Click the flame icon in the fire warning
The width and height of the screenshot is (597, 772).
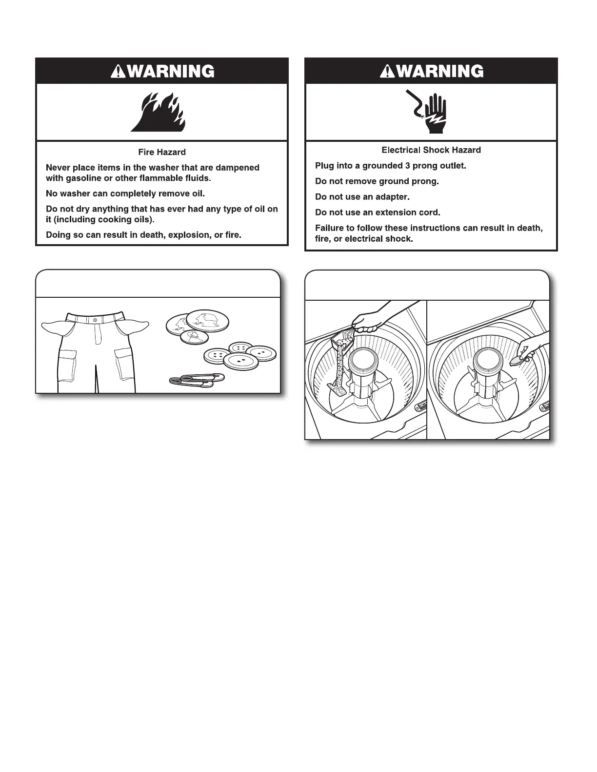coord(158,114)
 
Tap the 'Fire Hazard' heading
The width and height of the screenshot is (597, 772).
coord(162,152)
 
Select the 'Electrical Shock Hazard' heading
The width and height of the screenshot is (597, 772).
coord(431,150)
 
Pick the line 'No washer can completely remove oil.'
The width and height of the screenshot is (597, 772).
coord(125,193)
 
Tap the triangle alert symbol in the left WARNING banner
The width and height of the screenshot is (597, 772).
coord(117,72)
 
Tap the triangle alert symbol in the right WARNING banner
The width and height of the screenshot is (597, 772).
coord(387,72)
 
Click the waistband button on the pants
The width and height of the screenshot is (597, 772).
coord(95,319)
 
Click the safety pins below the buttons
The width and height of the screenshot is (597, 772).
coord(197,380)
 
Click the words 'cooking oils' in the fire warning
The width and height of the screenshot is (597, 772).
coord(126,219)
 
